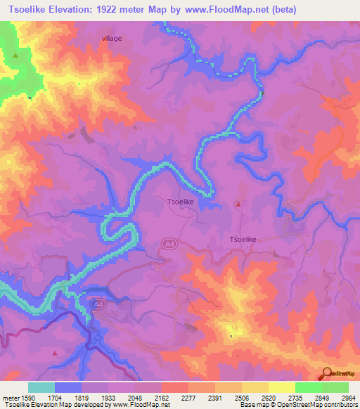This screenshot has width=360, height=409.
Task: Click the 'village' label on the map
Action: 112,39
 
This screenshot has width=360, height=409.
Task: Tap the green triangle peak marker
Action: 15,54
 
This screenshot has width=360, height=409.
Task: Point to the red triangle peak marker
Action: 238,204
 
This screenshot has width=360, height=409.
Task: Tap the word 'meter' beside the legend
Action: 11,397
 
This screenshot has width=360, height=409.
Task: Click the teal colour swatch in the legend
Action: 41,387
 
